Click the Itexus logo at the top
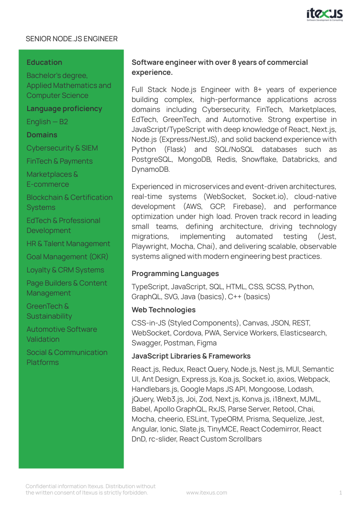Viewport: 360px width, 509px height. (325, 15)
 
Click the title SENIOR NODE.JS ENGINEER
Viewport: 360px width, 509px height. (72, 39)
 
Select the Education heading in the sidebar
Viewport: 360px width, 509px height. (44, 63)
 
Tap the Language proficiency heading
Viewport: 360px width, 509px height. (64, 109)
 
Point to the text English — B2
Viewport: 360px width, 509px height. (47, 122)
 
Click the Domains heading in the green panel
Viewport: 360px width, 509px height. (42, 135)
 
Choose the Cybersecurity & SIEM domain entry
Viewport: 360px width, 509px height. (62, 148)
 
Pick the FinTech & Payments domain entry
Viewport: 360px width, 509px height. (59, 161)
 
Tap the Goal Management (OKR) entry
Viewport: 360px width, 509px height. (67, 257)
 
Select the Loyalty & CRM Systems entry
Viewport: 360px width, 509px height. (65, 270)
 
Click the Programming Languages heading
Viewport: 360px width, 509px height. (175, 274)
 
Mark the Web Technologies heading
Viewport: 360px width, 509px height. (163, 310)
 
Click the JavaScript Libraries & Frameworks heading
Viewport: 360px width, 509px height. (191, 356)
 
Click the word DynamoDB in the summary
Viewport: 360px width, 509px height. (151, 170)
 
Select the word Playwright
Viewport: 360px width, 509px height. (151, 247)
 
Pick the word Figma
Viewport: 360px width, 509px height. (206, 343)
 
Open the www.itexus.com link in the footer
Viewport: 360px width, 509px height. (207, 493)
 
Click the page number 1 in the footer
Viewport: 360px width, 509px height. (341, 493)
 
